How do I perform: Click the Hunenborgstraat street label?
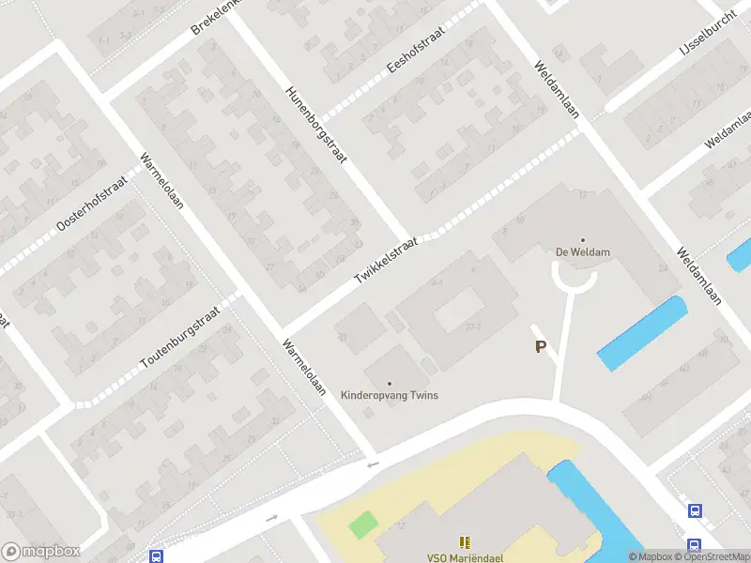pyautogui.click(x=316, y=125)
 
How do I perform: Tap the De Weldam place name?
pyautogui.click(x=582, y=251)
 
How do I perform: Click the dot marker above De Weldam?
pyautogui.click(x=582, y=239)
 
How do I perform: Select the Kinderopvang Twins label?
pyautogui.click(x=389, y=395)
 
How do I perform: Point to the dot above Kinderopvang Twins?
pyautogui.click(x=390, y=383)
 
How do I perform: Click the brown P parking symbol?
pyautogui.click(x=540, y=347)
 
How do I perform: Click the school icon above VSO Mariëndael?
pyautogui.click(x=465, y=542)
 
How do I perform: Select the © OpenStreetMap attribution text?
pyautogui.click(x=713, y=556)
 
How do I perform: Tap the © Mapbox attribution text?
pyautogui.click(x=651, y=556)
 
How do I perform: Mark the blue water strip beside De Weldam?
pyautogui.click(x=642, y=332)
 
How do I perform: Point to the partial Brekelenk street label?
pyautogui.click(x=217, y=16)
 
